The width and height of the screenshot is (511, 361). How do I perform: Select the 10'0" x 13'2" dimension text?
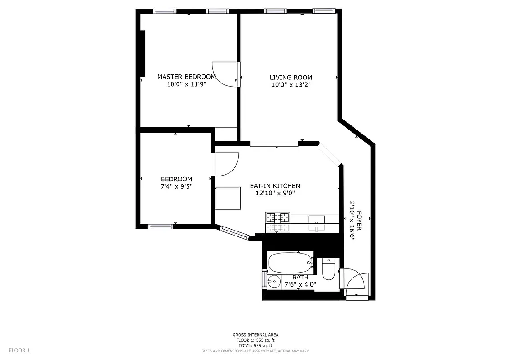click(x=291, y=85)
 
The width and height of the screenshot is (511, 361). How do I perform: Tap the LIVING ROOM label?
click(x=291, y=77)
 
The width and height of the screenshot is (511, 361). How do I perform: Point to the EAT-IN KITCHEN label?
click(x=275, y=186)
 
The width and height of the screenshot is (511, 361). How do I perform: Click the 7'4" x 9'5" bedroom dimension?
click(x=176, y=186)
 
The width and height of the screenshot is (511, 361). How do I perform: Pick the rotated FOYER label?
click(x=360, y=221)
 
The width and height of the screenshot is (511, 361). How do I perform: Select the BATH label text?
click(x=300, y=277)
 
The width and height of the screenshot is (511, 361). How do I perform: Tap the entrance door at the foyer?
click(x=356, y=283)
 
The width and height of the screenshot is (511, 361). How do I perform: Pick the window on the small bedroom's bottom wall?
click(x=161, y=227)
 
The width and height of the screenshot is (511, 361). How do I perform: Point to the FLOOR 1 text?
click(x=19, y=350)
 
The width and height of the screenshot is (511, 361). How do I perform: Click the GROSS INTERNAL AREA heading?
click(x=255, y=335)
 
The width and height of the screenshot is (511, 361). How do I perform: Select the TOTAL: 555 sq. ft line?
click(x=255, y=345)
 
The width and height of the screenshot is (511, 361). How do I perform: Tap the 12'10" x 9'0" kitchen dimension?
click(x=275, y=194)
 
